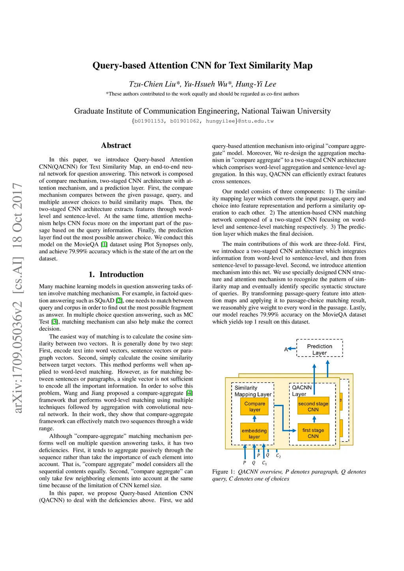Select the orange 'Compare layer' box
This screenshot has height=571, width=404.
tap(254, 407)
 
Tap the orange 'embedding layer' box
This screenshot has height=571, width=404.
tap(254, 433)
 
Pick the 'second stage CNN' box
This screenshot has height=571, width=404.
tap(313, 406)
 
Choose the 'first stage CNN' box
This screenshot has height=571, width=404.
tap(313, 433)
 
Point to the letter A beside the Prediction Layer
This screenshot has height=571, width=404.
tap(286, 349)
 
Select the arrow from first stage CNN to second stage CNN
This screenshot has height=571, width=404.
tap(314, 419)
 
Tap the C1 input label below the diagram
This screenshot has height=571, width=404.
tap(264, 463)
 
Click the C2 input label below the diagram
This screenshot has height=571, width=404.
tap(278, 456)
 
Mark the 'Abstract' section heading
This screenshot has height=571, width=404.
tap(116, 146)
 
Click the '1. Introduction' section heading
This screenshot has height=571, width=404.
tap(116, 274)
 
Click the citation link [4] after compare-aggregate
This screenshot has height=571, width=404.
tap(190, 393)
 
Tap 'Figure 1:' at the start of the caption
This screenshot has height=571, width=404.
tap(224, 472)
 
